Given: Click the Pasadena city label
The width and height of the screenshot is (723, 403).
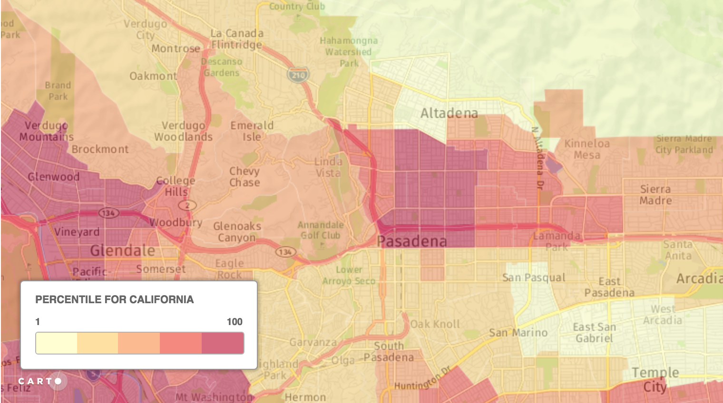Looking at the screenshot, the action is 412,241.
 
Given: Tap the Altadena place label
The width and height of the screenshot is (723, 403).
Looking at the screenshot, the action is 449,113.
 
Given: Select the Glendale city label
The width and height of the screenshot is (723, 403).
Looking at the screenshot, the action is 123,250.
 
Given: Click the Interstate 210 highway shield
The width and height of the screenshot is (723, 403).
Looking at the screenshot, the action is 298,75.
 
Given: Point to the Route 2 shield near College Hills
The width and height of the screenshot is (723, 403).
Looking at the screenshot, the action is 187,205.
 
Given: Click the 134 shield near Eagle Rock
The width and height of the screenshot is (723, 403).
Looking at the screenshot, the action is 285,252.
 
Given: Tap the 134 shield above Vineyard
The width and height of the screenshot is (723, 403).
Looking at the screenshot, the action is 108,213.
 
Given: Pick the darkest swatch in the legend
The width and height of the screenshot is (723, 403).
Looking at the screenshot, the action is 223,343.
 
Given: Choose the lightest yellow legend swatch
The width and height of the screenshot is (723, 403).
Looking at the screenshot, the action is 57,343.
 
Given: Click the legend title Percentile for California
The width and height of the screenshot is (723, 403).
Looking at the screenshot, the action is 115,299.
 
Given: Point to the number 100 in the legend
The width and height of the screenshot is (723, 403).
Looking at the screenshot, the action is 234,322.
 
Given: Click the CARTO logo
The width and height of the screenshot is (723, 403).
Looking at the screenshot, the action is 40,381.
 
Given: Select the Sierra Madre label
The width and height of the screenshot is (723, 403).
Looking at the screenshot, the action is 655,195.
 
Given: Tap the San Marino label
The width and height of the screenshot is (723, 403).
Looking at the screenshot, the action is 518,333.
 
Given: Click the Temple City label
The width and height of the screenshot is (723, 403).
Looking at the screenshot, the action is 655,379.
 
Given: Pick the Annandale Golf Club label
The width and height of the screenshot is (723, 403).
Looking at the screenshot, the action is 321,230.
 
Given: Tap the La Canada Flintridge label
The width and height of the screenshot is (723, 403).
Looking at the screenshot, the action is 236,39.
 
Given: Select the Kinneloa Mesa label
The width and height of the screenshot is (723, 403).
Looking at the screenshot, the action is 586,149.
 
